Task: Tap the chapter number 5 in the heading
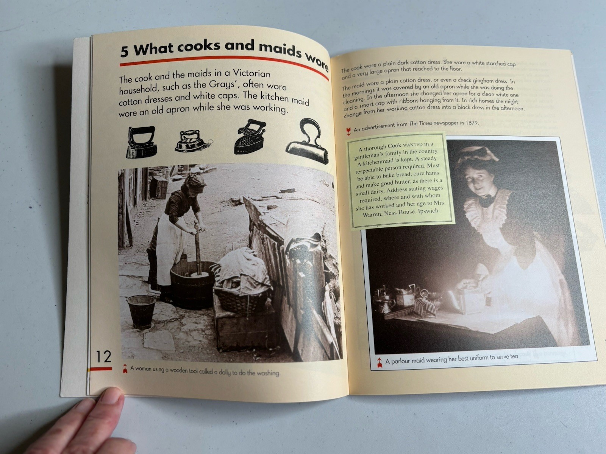[x=125, y=51]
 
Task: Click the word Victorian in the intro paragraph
[x=251, y=73]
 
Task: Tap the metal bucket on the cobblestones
[x=142, y=311]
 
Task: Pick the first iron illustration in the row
[x=141, y=142]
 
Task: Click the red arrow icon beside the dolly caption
[x=125, y=368]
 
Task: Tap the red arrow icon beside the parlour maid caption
[x=380, y=362]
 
